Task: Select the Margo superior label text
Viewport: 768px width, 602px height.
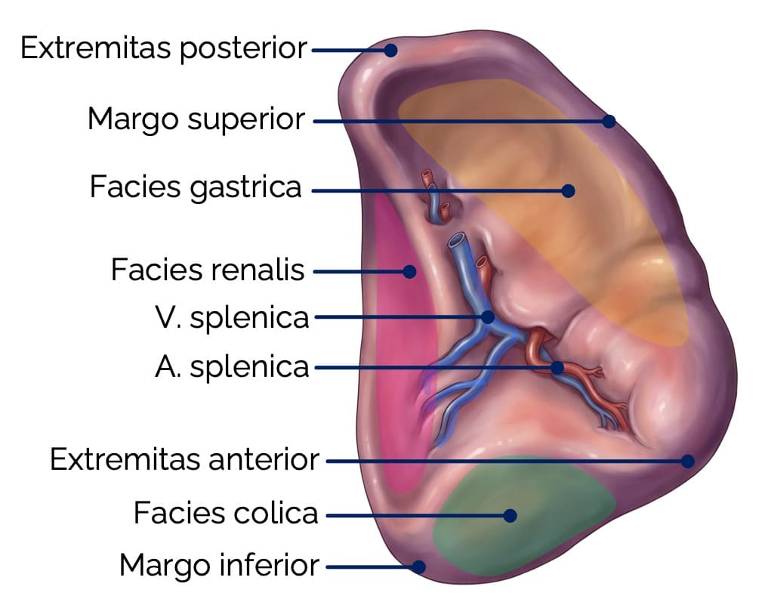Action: (x=196, y=119)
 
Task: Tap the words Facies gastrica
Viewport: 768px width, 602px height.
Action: (x=196, y=187)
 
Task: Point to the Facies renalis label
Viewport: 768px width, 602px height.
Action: (x=208, y=269)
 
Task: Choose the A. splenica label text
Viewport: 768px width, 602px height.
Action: (x=233, y=367)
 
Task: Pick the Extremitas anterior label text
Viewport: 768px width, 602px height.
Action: (x=184, y=459)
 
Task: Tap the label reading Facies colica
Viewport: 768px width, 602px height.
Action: (x=226, y=514)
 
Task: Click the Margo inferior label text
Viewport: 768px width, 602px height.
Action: (x=219, y=564)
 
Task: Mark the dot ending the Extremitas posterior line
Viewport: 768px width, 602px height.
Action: (x=390, y=51)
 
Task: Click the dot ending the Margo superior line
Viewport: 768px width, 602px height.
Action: (x=609, y=121)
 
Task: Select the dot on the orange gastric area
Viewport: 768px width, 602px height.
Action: (x=569, y=191)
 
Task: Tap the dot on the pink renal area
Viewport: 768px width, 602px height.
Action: (x=410, y=270)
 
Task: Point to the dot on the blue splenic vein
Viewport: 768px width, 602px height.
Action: (x=488, y=317)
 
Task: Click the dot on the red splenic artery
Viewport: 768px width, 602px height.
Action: (x=557, y=368)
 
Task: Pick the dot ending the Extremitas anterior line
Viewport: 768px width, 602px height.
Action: (x=687, y=460)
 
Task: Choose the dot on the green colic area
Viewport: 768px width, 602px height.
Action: (x=510, y=515)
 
